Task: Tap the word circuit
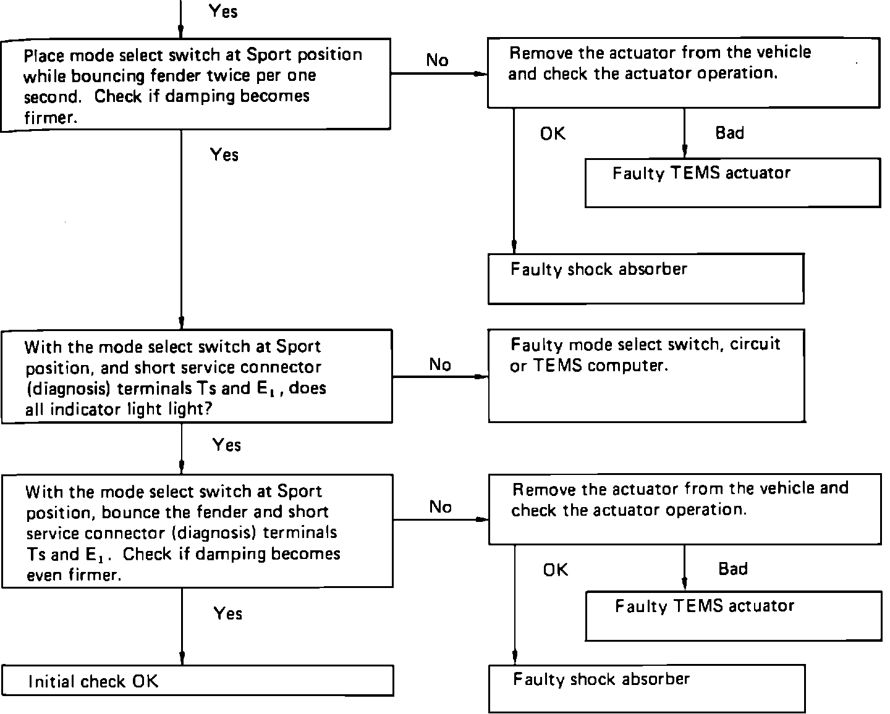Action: pyautogui.click(x=755, y=343)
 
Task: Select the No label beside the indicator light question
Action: pyautogui.click(x=440, y=364)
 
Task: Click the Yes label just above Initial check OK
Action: pyautogui.click(x=227, y=613)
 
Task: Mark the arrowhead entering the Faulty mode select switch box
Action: pyautogui.click(x=481, y=377)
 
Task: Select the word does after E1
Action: pyautogui.click(x=307, y=388)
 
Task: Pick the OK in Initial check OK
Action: pyautogui.click(x=145, y=681)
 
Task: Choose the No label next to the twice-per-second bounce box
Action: pyautogui.click(x=437, y=61)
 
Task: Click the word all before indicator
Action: pyautogui.click(x=35, y=409)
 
